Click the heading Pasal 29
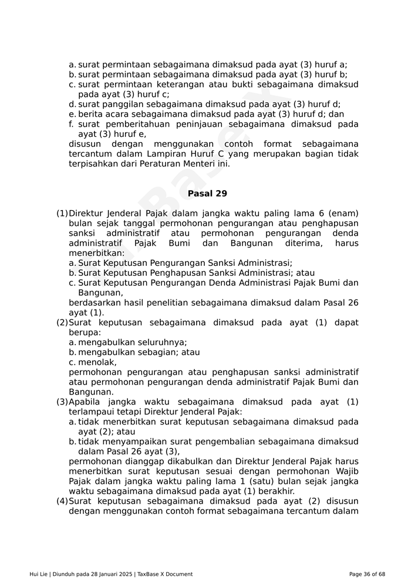point(207,194)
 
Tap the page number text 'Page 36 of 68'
point(367,574)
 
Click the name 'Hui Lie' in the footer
point(39,574)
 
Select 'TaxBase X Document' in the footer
point(165,574)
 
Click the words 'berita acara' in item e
point(103,114)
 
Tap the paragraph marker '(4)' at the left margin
point(62,501)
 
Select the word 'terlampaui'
point(91,412)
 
